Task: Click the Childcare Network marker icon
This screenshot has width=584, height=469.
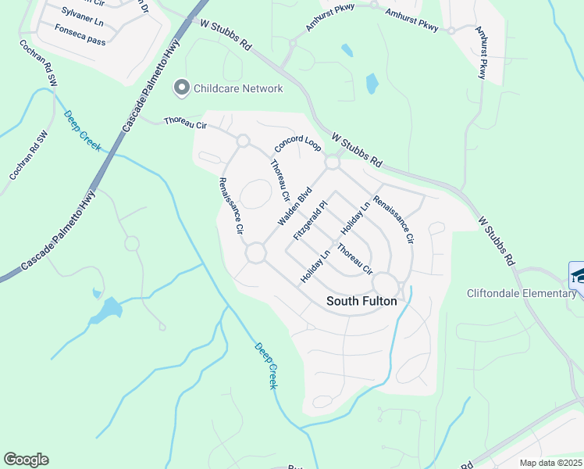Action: coord(182,88)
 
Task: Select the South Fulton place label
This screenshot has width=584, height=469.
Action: coord(361,301)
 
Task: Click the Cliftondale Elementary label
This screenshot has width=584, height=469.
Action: coord(522,293)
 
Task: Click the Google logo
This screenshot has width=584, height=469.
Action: coord(26,460)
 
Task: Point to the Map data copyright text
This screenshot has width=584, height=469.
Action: coord(550,463)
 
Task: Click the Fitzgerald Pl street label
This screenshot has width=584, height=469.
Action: coord(309,218)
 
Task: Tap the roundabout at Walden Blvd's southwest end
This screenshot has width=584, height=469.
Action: coord(255,253)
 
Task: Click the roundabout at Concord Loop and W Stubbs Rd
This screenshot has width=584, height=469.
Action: coord(333,163)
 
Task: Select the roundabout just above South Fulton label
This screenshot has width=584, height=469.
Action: coord(385,283)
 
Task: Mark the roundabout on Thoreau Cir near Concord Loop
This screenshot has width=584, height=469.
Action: coord(243,141)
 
